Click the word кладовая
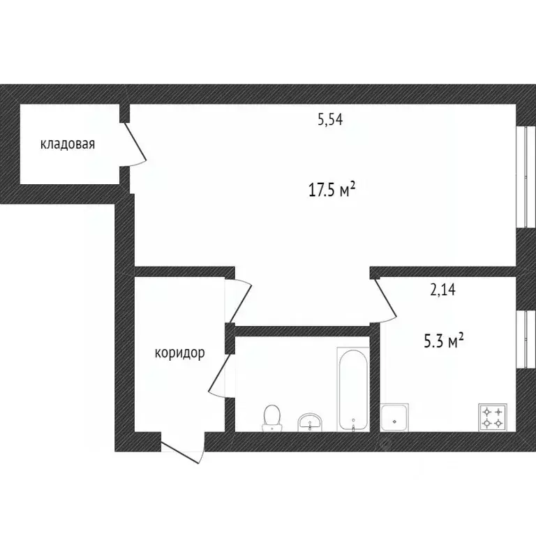tap(68, 144)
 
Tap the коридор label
tap(179, 353)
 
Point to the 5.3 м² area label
tap(445, 341)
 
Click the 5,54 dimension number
tap(330, 119)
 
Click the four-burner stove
tap(491, 417)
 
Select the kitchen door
tap(385, 300)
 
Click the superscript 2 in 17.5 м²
tap(354, 184)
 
